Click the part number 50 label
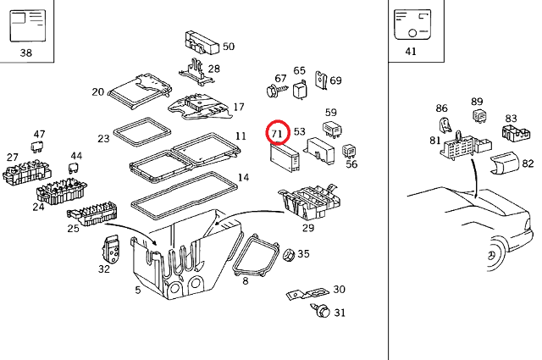pyautogui.click(x=229, y=47)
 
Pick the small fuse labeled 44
pyautogui.click(x=73, y=168)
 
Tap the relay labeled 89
pyautogui.click(x=478, y=116)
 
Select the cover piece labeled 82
pyautogui.click(x=503, y=163)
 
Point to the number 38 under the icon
pyautogui.click(x=26, y=53)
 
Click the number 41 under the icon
pyautogui.click(x=412, y=52)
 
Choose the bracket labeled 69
pyautogui.click(x=322, y=80)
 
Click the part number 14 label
pyautogui.click(x=243, y=178)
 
